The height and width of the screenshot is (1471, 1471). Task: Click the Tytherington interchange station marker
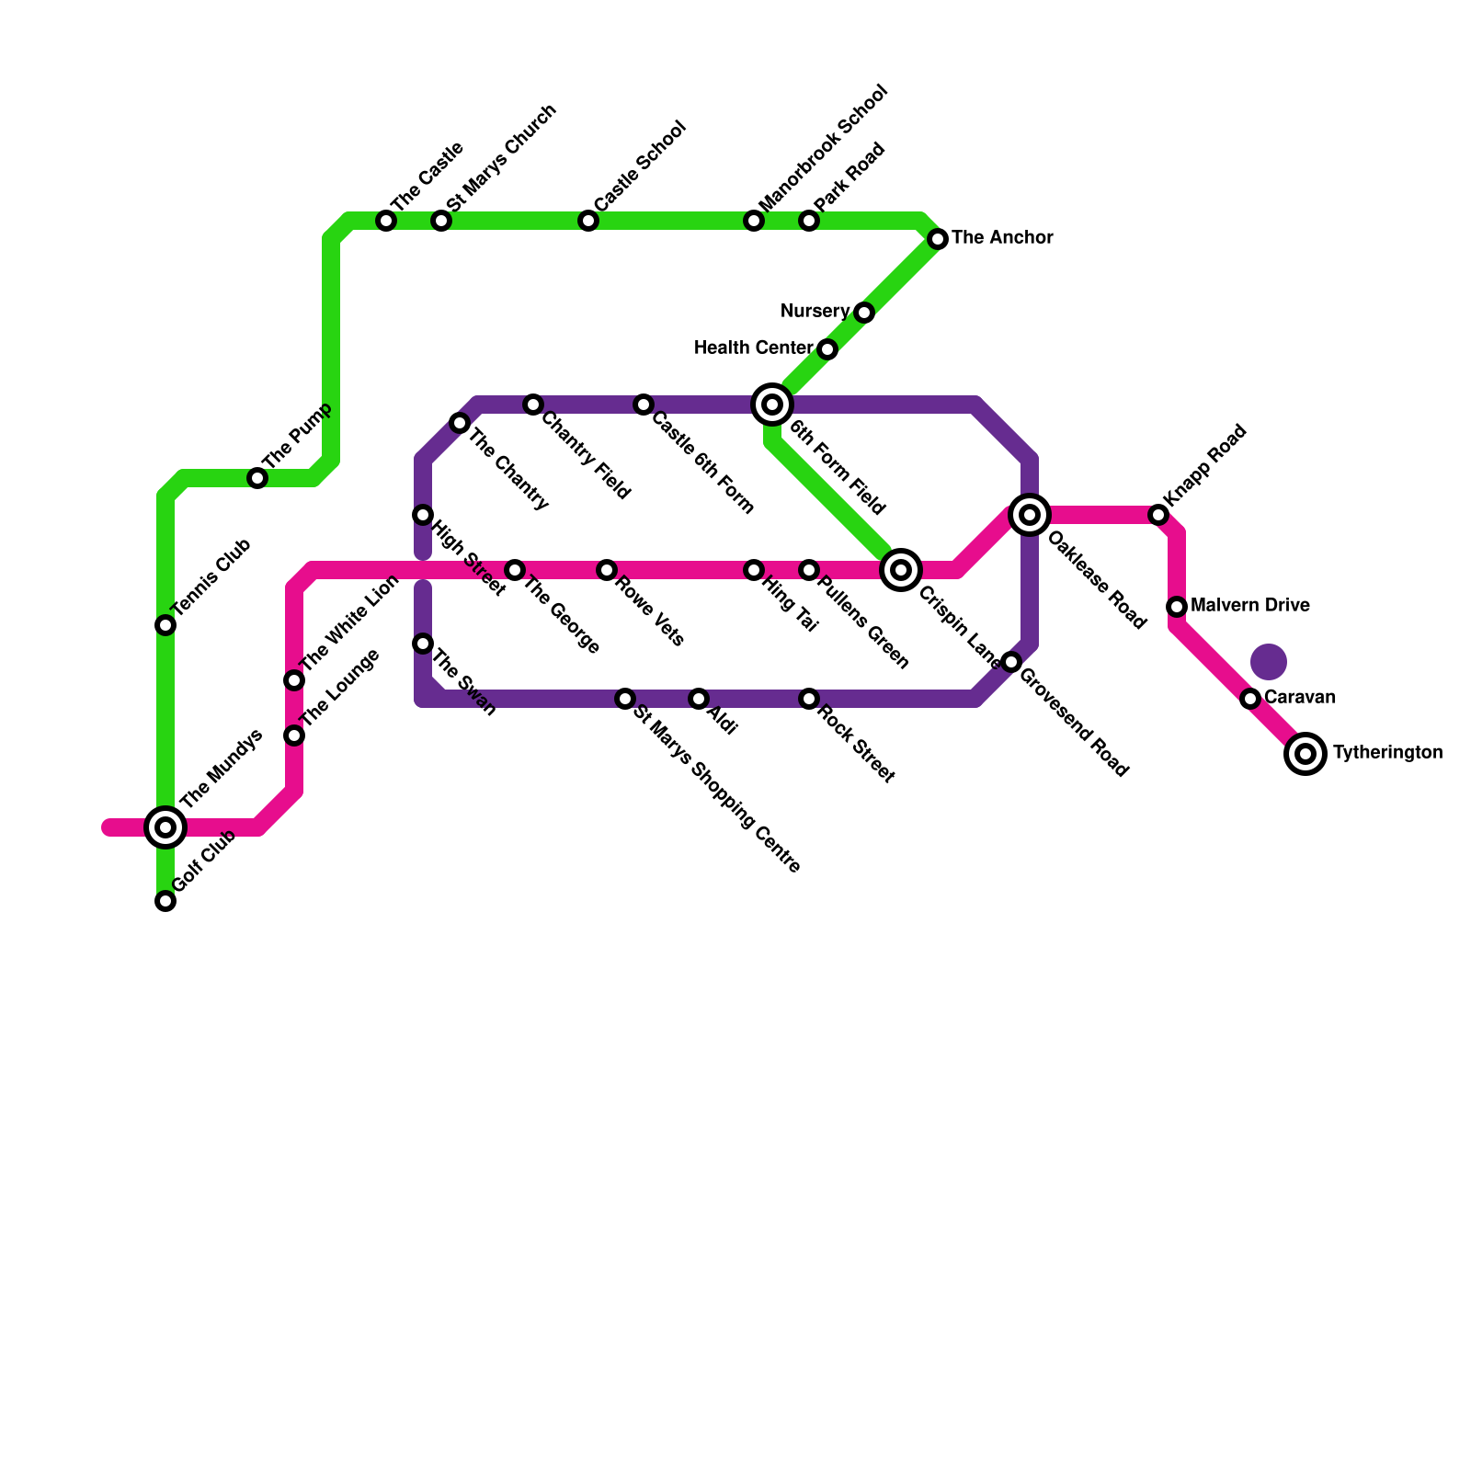click(1306, 754)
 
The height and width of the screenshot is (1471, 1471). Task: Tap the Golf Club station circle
click(165, 901)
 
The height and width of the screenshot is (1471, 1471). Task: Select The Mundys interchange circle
click(165, 827)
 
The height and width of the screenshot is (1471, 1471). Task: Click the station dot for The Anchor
click(938, 239)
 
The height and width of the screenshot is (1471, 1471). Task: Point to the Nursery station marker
click(864, 313)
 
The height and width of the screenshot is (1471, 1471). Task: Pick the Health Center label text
click(753, 348)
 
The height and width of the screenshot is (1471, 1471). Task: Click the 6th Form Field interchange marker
click(772, 405)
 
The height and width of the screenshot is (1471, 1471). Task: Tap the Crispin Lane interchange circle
click(901, 570)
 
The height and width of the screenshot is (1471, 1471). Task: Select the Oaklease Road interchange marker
click(1030, 515)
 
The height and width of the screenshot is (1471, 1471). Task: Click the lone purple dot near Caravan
click(1269, 661)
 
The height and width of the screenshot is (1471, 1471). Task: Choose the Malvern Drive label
click(1249, 606)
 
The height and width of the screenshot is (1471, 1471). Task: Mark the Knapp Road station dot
click(1158, 515)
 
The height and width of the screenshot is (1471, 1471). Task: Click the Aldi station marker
click(699, 699)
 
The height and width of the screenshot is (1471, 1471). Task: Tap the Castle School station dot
click(588, 221)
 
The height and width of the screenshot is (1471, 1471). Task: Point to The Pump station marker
click(257, 478)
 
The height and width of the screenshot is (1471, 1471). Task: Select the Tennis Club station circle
click(165, 625)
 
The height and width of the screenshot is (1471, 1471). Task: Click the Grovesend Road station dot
click(1011, 662)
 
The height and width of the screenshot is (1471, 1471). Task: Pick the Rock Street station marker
click(809, 699)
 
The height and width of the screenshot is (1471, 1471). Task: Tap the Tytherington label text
click(1387, 753)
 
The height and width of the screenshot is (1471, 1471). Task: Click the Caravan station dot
click(1250, 699)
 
